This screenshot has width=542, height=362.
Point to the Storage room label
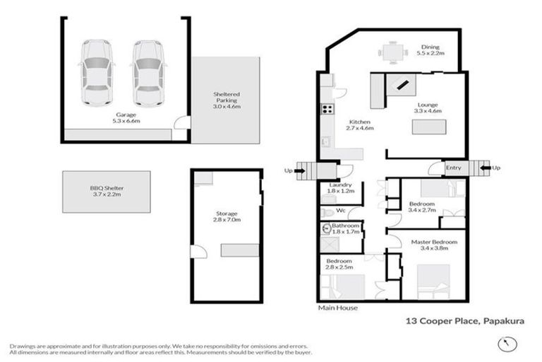[x=227, y=216]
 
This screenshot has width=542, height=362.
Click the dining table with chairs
[x=392, y=52]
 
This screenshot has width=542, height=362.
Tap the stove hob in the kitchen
[x=327, y=109]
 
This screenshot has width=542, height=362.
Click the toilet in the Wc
[x=327, y=211]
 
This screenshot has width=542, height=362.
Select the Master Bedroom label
[x=434, y=245]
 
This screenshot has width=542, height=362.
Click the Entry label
[x=453, y=168]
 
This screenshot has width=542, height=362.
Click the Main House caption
[x=337, y=308]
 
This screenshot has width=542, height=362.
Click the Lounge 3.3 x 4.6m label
[x=427, y=107]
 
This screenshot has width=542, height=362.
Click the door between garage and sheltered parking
[x=182, y=127]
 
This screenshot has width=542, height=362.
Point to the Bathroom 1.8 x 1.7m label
[x=345, y=228]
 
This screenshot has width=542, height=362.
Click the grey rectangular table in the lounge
[x=431, y=129]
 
